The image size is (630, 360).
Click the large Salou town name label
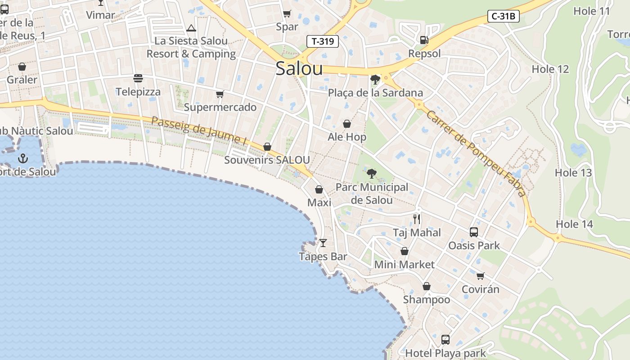coord(299,69)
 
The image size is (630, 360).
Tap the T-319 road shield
coord(322,41)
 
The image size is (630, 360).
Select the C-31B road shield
coord(504,17)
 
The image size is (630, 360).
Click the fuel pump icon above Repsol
coord(424,40)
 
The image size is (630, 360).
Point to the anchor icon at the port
coord(22,158)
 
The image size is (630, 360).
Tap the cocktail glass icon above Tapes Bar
coord(323,243)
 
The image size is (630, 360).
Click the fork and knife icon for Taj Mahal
coord(417,219)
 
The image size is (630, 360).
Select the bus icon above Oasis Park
coord(474,232)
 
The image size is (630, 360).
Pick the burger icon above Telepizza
coord(138,78)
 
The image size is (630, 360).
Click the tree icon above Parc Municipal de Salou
coord(372,173)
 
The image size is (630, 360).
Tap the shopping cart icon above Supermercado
coord(220,94)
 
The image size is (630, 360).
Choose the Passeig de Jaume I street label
coord(199,131)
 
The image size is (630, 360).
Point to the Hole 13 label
coord(573,173)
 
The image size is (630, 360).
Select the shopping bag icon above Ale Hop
coord(347,124)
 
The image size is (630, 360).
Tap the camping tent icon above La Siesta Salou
coord(191,28)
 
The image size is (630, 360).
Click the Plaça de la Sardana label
coord(375,93)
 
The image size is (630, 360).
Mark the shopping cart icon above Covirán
coord(481,276)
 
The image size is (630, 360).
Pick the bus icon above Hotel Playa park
coord(445,340)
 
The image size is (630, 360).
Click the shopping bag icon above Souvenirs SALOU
coord(267,147)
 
